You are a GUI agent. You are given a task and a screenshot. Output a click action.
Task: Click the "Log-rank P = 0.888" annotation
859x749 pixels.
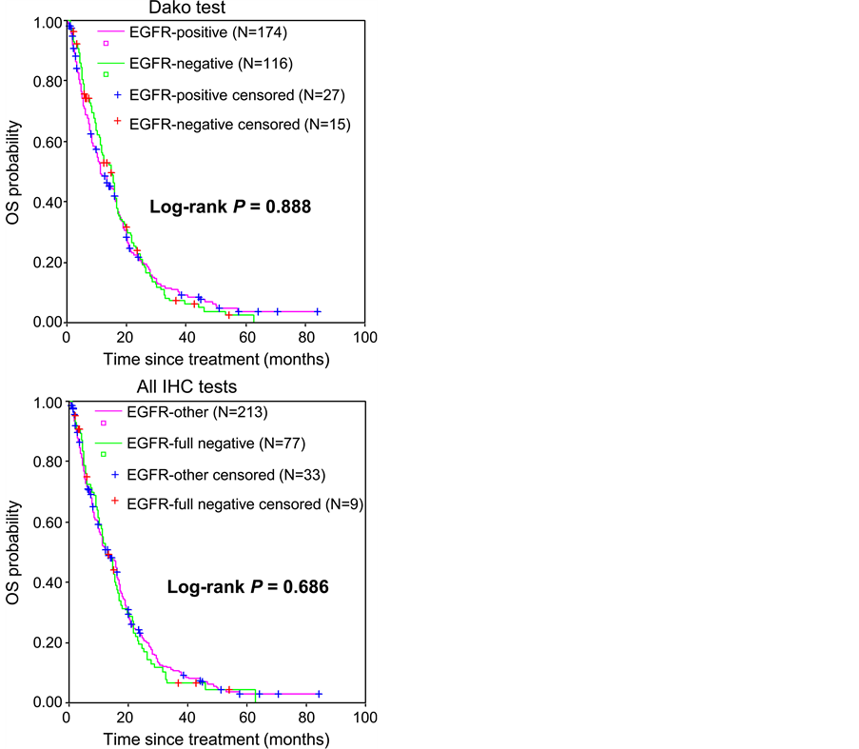coord(231,206)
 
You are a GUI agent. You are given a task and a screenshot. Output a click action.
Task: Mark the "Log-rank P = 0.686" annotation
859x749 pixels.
coord(248,587)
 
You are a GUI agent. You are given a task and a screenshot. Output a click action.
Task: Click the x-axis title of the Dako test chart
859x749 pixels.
coord(216,360)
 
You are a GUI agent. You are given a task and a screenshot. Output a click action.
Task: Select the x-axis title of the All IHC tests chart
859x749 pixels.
coord(216,739)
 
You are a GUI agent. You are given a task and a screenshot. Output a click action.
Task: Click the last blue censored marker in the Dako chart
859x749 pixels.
coord(317,312)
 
